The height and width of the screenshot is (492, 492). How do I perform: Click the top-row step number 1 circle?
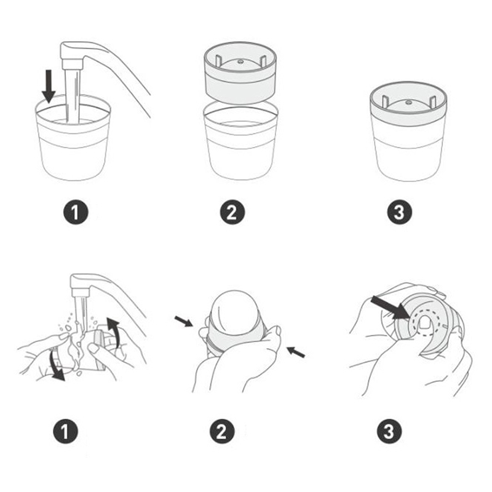click(x=76, y=212)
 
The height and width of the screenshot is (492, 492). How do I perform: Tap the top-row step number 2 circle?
click(x=232, y=212)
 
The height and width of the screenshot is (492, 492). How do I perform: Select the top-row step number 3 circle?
click(x=399, y=212)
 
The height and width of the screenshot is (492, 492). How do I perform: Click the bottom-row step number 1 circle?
click(x=66, y=432)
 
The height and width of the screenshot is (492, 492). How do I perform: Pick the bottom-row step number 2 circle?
click(x=222, y=432)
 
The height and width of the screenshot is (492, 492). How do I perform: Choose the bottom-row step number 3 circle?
click(x=389, y=432)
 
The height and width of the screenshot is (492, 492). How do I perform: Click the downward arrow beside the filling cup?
click(x=49, y=86)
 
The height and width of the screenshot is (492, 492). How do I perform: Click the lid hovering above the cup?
click(x=240, y=73)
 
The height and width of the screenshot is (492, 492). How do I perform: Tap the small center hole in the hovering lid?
click(x=240, y=62)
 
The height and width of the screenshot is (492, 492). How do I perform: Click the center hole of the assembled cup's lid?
click(x=408, y=102)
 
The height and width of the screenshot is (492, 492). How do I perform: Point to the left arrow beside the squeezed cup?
click(x=184, y=321)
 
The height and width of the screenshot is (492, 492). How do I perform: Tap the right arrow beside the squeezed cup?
click(x=296, y=352)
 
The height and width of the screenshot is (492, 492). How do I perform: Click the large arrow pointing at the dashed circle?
click(x=390, y=308)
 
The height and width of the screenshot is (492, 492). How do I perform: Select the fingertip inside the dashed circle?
click(x=424, y=323)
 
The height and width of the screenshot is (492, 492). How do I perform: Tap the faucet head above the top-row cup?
click(x=72, y=55)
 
